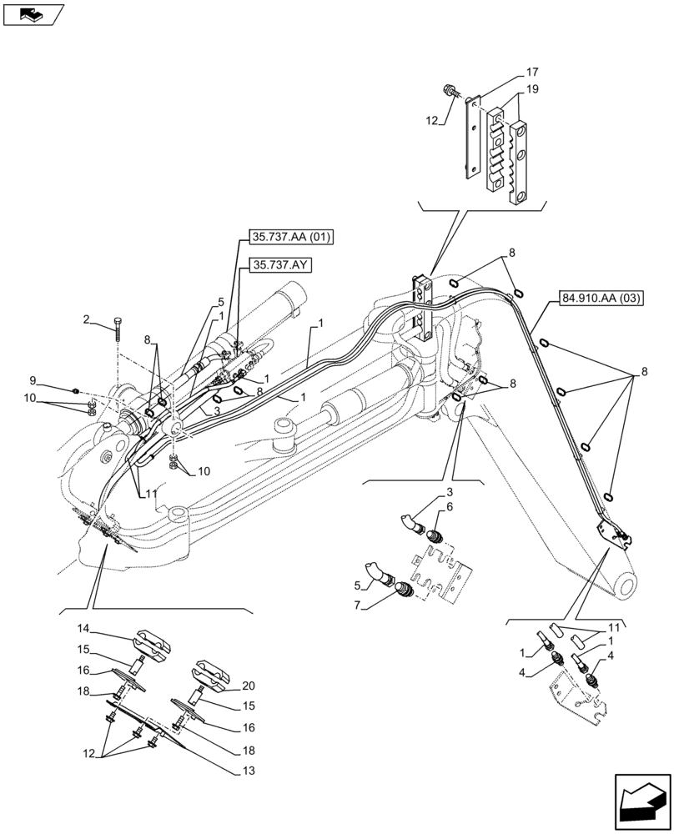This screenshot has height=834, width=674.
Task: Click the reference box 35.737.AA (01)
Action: click(291, 237)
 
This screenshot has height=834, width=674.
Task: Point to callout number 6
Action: click(449, 506)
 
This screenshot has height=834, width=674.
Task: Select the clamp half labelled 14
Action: click(153, 644)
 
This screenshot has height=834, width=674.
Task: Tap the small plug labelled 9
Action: click(77, 389)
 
